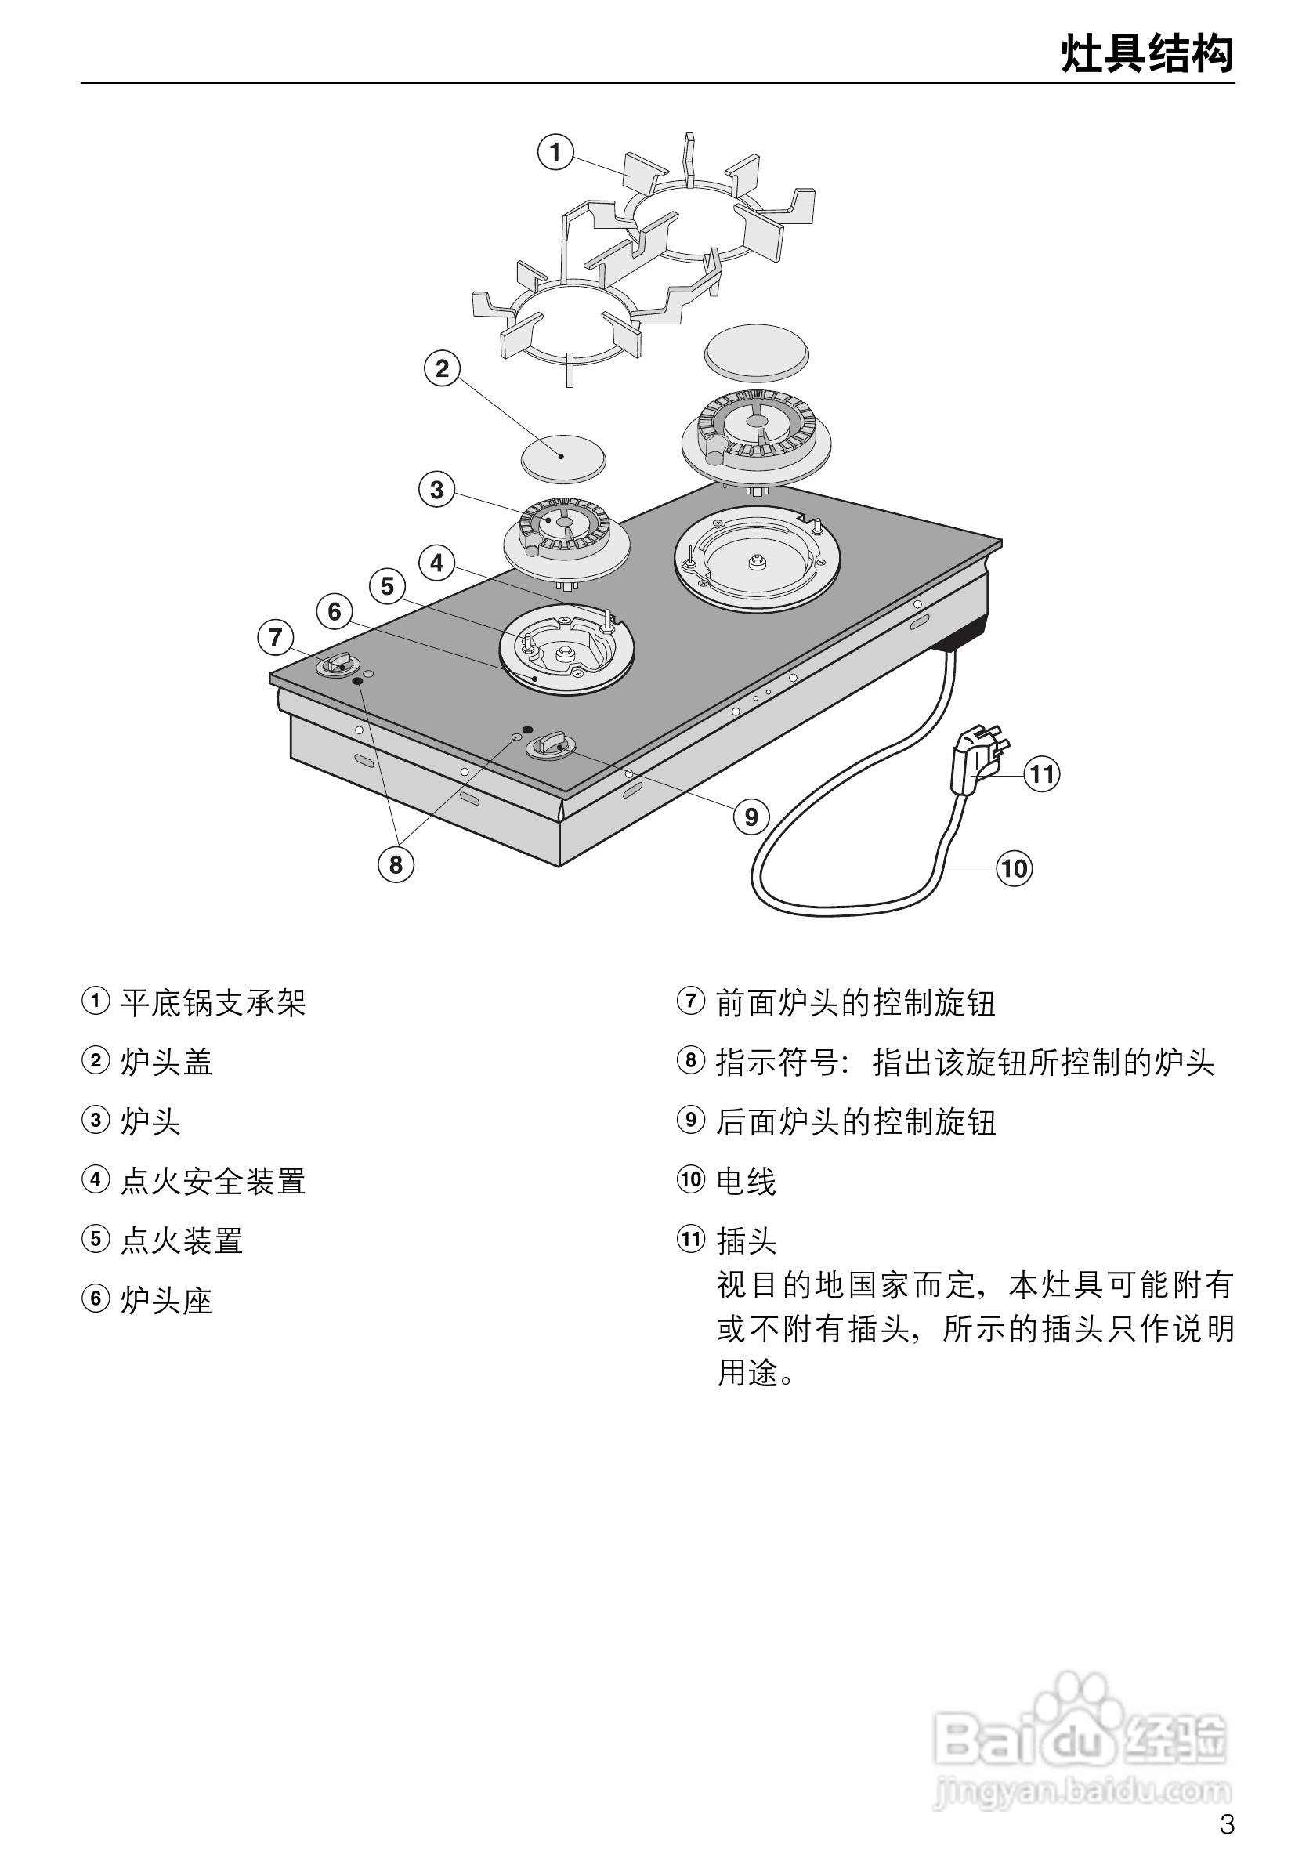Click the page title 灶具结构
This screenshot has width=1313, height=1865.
pyautogui.click(x=1147, y=54)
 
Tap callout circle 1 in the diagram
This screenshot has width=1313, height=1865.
pyautogui.click(x=555, y=152)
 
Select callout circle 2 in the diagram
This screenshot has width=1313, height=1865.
pyautogui.click(x=442, y=369)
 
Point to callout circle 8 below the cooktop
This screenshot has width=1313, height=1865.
pyautogui.click(x=396, y=864)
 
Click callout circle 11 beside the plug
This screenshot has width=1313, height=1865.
pyautogui.click(x=1042, y=773)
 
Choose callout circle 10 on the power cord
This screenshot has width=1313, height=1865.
pyautogui.click(x=1014, y=869)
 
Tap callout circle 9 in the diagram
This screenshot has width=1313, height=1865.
pyautogui.click(x=751, y=817)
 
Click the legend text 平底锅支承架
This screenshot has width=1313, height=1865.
pyautogui.click(x=213, y=1002)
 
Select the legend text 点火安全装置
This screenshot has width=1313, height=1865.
pyautogui.click(x=213, y=1181)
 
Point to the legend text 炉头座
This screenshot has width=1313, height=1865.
pyautogui.click(x=166, y=1301)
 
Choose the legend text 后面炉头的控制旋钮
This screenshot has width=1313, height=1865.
pyautogui.click(x=855, y=1122)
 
